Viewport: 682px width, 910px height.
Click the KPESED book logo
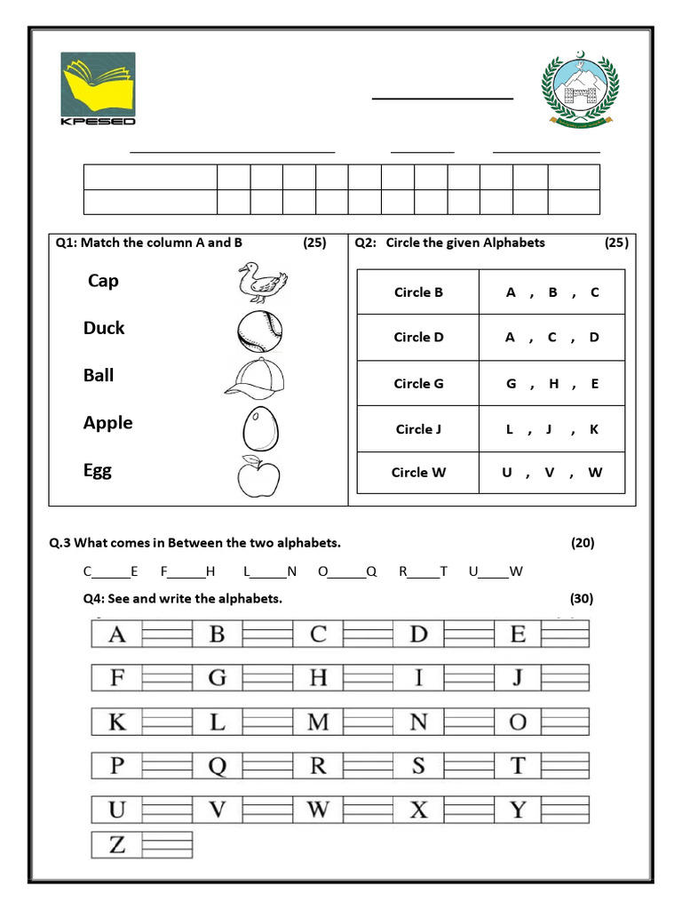click(x=98, y=88)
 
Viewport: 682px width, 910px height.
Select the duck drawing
click(x=261, y=283)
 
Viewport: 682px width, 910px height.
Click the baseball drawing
click(x=259, y=331)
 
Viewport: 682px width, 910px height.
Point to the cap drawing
click(x=256, y=379)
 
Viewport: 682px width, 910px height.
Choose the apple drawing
click(x=258, y=476)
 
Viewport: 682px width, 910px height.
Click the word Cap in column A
click(x=103, y=281)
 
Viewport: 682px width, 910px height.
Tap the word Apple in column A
click(x=107, y=423)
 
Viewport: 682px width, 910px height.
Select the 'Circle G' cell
click(x=418, y=384)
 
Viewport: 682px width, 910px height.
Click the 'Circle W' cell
click(x=418, y=473)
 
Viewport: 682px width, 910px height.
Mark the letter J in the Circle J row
click(x=550, y=429)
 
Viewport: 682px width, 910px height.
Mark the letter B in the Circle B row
click(x=552, y=292)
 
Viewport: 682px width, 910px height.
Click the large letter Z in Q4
click(x=116, y=845)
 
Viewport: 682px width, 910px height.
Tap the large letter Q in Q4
click(x=217, y=765)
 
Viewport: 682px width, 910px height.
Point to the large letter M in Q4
click(x=317, y=722)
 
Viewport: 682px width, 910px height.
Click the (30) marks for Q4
click(x=582, y=599)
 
